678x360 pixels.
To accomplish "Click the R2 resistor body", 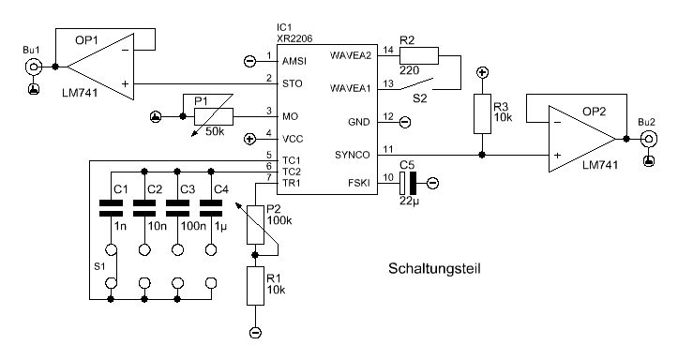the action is tap(418, 56).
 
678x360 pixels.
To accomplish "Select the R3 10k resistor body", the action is tap(482, 113).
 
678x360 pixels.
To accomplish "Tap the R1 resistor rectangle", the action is tap(255, 286).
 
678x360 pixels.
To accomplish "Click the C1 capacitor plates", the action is tap(112, 208).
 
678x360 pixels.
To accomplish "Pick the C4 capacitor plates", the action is tap(211, 208).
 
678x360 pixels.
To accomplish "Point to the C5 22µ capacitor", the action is tap(408, 183).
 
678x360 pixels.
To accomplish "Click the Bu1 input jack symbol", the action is tap(34, 67).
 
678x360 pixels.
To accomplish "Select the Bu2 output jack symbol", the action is tap(649, 139).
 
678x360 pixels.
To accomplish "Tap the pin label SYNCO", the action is tap(352, 155).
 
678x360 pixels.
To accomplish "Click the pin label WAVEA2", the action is tap(351, 55).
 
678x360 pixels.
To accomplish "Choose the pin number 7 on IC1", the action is tap(269, 177).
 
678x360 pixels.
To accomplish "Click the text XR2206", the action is tap(294, 38).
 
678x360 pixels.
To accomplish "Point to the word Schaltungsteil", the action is tap(434, 268).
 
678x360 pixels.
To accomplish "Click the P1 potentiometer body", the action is tap(214, 116).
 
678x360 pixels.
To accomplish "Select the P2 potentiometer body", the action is tap(255, 225).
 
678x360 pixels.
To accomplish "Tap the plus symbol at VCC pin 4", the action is tap(250, 139).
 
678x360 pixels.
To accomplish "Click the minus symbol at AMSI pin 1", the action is tap(250, 61).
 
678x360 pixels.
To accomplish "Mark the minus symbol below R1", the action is tap(255, 332).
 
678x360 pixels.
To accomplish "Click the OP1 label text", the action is tap(86, 40).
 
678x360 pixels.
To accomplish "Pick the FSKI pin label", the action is tap(359, 183).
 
